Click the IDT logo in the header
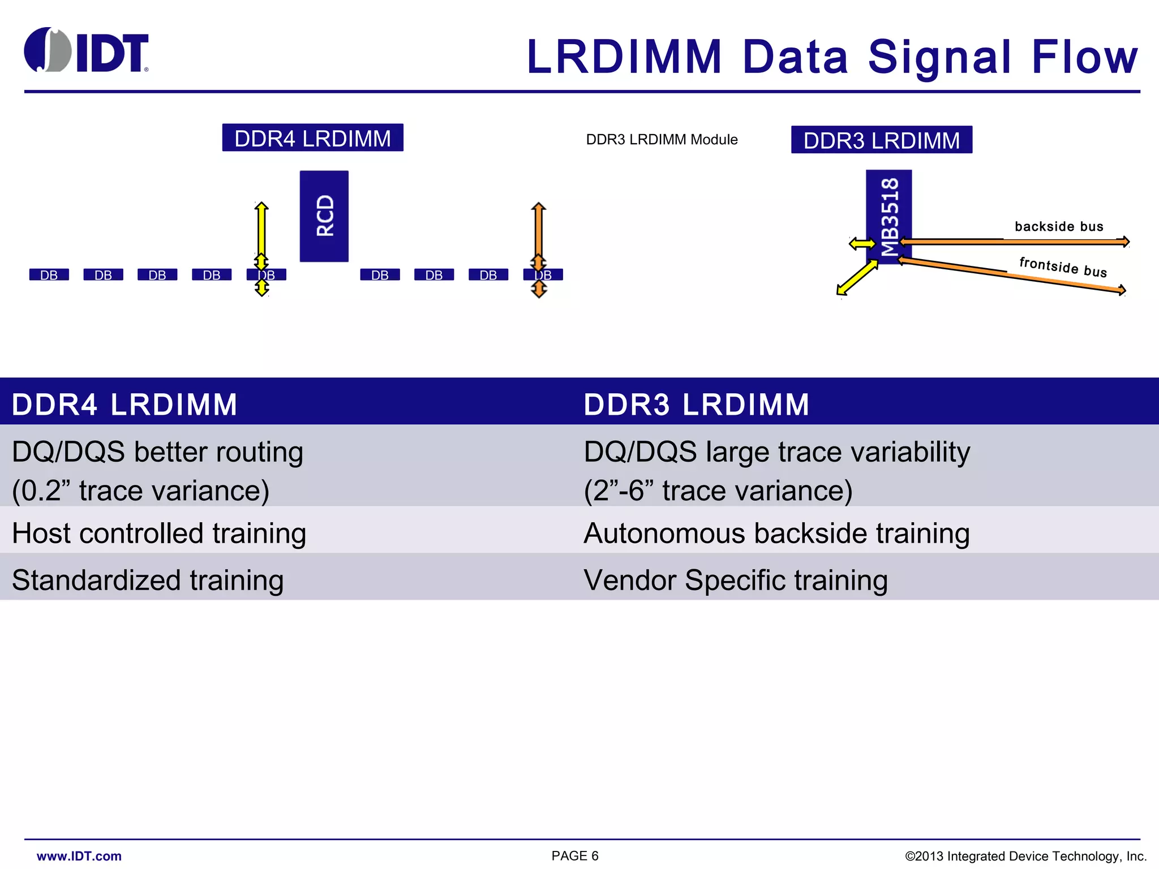86,51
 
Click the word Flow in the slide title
1084,57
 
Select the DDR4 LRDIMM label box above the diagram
312,138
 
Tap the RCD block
324,216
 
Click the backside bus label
1059,227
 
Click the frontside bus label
1062,267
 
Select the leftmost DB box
49,275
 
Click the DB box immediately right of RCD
380,275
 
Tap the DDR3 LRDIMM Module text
662,140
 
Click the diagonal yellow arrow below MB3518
857,278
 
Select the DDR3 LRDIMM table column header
696,405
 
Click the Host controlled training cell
159,534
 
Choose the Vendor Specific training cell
735,580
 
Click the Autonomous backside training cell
776,534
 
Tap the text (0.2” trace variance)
140,491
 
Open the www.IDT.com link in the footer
79,856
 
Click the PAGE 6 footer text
575,856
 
